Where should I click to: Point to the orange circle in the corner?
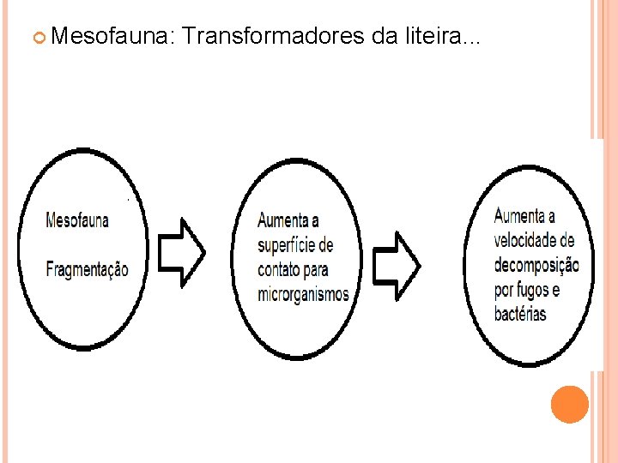pos(569,405)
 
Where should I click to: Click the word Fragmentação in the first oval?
pos(87,269)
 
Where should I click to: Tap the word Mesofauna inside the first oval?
pos(77,220)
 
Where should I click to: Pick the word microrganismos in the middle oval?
pos(304,294)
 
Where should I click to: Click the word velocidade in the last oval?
pos(534,239)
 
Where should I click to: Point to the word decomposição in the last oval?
pos(536,264)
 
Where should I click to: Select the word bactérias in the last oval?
pos(520,313)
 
